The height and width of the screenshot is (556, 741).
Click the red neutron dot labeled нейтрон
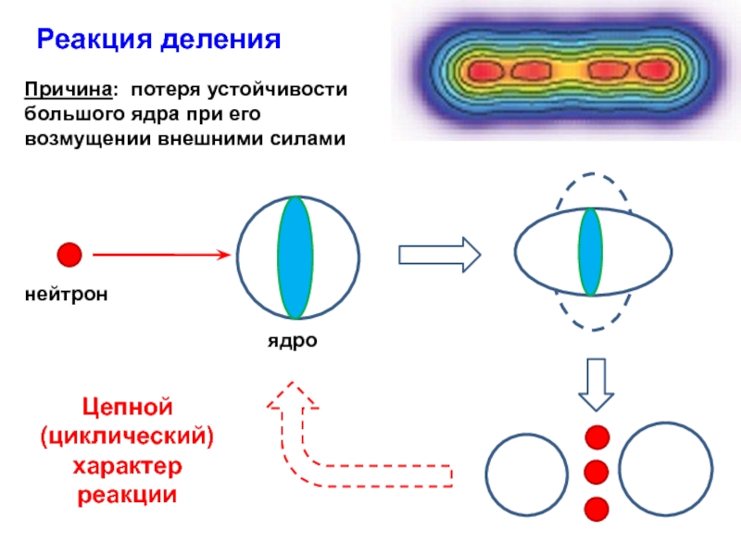[69, 254]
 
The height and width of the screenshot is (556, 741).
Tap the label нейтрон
[67, 295]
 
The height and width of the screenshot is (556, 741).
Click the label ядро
[293, 340]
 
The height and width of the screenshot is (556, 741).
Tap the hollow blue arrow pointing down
[597, 384]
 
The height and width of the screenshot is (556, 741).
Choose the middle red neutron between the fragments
[597, 472]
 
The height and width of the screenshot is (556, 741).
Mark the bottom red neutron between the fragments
[597, 508]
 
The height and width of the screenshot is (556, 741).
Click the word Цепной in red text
[126, 406]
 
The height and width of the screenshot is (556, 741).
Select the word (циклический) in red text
[126, 436]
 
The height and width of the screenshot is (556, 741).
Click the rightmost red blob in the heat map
[652, 70]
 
